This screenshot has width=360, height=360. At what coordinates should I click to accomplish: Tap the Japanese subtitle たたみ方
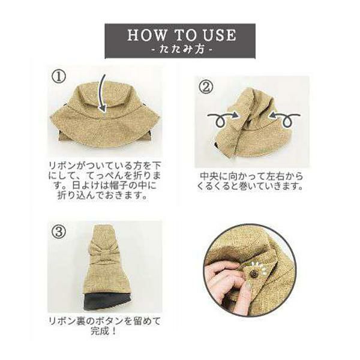(181, 49)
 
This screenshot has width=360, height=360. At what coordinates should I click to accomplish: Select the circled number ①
(59, 76)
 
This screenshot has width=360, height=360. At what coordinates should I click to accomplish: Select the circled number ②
(206, 87)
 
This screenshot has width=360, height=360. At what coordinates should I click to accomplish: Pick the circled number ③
(59, 232)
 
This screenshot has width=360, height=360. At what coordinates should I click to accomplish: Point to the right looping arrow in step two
(284, 119)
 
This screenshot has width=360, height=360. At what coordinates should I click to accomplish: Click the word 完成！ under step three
(104, 331)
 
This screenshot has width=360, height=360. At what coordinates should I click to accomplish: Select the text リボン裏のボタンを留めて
(104, 321)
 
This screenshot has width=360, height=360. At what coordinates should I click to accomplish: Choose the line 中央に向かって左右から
(251, 176)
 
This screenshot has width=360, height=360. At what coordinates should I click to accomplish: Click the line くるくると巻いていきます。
(250, 186)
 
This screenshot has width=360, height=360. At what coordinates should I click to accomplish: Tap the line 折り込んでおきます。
(103, 195)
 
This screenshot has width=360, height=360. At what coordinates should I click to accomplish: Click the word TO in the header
(184, 35)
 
